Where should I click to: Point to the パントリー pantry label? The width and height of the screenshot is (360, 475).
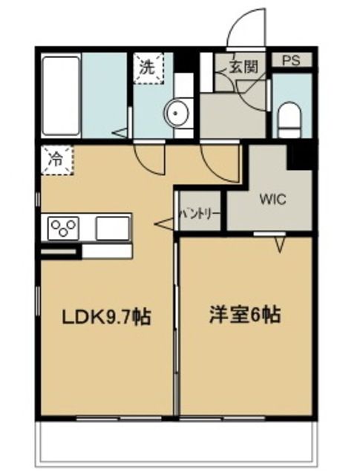[200, 214]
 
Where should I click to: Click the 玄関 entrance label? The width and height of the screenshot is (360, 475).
[246, 68]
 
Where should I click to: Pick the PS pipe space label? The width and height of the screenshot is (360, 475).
[290, 61]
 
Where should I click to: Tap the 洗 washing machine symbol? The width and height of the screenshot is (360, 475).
[146, 65]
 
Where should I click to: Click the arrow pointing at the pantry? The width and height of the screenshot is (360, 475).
[164, 223]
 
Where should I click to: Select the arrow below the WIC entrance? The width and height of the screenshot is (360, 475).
[281, 243]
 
